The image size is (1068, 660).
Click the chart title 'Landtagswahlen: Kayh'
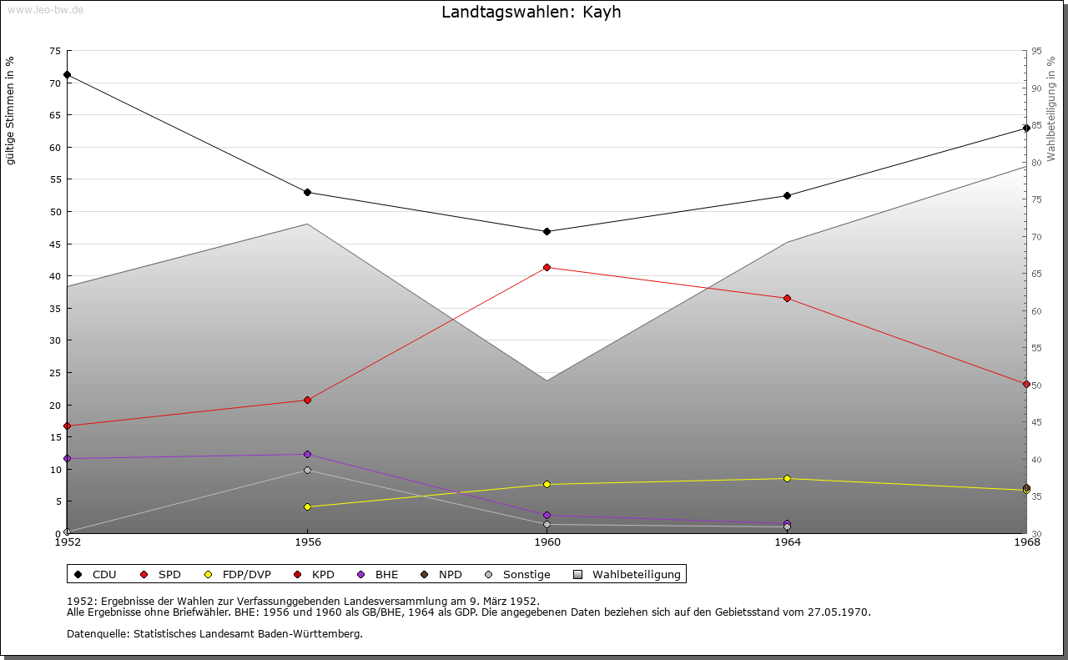click(531, 13)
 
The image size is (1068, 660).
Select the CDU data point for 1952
click(68, 75)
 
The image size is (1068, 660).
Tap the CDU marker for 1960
click(547, 231)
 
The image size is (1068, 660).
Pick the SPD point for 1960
click(547, 268)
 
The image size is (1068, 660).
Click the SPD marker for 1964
click(787, 299)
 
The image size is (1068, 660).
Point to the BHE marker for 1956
click(307, 455)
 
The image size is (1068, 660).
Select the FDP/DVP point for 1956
click(307, 506)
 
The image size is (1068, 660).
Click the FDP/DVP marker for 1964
click(787, 479)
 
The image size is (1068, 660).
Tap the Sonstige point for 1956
click(307, 471)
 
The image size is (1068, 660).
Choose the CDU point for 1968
click(1026, 128)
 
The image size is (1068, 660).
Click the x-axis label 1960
click(547, 542)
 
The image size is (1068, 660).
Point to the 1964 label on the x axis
click(787, 542)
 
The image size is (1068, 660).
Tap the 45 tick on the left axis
click(54, 244)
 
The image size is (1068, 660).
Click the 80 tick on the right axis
click(1036, 163)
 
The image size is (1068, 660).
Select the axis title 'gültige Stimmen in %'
click(11, 110)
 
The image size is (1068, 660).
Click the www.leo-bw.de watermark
click(44, 9)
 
